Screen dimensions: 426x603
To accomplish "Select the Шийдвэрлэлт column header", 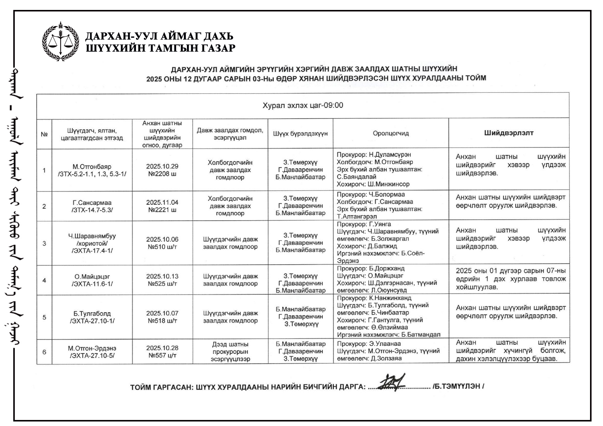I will tap(509, 133).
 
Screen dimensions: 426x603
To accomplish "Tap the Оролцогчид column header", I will tap(391, 133).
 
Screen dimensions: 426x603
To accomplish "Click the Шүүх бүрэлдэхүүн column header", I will tap(300, 133).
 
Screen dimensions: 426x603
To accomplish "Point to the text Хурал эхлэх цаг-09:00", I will tap(303, 105).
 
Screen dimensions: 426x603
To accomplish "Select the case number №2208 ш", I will tap(162, 174).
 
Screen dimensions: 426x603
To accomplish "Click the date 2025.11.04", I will tap(162, 202).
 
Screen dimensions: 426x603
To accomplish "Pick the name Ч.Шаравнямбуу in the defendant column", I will tap(92, 236).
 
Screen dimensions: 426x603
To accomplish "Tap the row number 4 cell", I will tap(44, 280).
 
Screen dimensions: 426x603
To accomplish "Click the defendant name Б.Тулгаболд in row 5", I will tap(92, 313).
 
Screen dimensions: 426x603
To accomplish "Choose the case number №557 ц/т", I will tap(162, 355).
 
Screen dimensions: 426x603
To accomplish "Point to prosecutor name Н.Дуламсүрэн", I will tap(390, 155).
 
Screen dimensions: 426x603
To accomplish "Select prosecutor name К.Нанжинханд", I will tap(390, 298).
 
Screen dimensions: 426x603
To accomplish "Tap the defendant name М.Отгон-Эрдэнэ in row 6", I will tap(92, 348).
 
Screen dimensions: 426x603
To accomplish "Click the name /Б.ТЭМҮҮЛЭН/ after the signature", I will tap(458, 386).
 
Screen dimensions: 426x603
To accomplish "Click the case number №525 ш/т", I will tap(162, 283).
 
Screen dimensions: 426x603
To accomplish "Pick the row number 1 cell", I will tap(44, 170).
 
